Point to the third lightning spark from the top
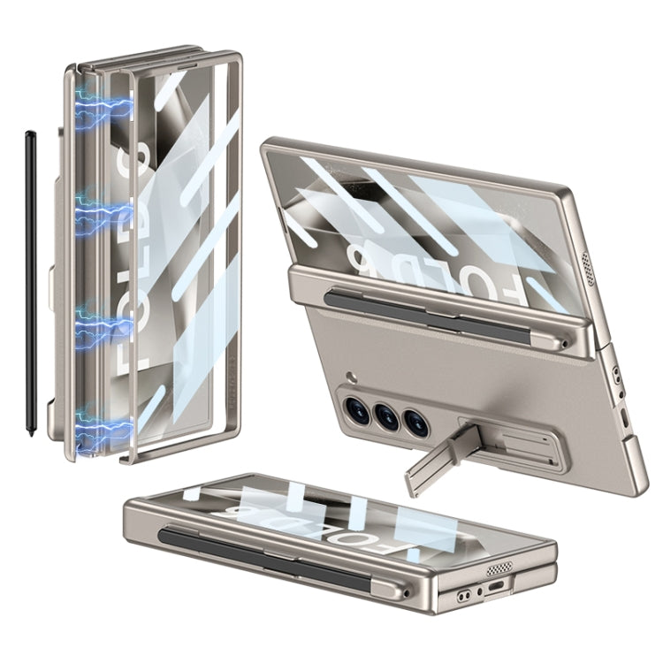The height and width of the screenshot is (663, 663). [97, 325]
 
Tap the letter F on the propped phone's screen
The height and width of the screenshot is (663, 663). [524, 278]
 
